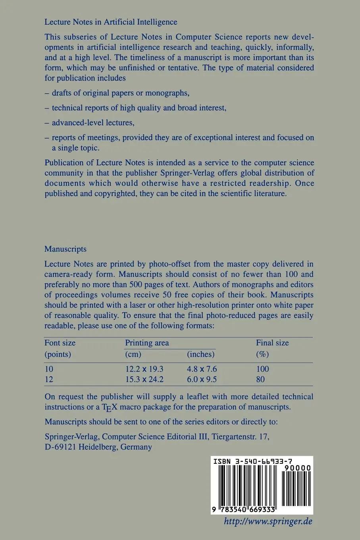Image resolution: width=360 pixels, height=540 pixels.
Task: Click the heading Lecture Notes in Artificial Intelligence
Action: point(111,22)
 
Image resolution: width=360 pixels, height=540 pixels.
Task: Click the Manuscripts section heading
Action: point(65,249)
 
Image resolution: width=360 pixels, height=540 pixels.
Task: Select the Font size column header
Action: point(60,343)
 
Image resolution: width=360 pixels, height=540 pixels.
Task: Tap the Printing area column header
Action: point(147,343)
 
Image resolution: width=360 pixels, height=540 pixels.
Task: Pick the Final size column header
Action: point(272,343)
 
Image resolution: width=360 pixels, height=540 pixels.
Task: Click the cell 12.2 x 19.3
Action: point(144,369)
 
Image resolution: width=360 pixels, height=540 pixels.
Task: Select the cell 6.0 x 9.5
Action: point(202,379)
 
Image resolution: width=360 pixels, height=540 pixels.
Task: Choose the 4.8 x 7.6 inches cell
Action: point(202,369)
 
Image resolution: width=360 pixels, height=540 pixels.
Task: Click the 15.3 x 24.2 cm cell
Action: point(144,379)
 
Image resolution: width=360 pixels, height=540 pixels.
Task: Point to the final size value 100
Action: point(263,369)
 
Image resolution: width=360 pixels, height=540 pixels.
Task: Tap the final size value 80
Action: point(260,379)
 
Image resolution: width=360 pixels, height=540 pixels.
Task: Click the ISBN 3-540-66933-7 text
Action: point(253,461)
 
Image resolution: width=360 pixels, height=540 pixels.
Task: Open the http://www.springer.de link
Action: point(268,521)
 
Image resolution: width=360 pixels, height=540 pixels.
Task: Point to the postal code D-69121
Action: point(61,447)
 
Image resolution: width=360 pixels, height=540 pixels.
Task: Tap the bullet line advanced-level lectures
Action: point(93,123)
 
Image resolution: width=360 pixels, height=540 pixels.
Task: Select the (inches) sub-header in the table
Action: point(201,354)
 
